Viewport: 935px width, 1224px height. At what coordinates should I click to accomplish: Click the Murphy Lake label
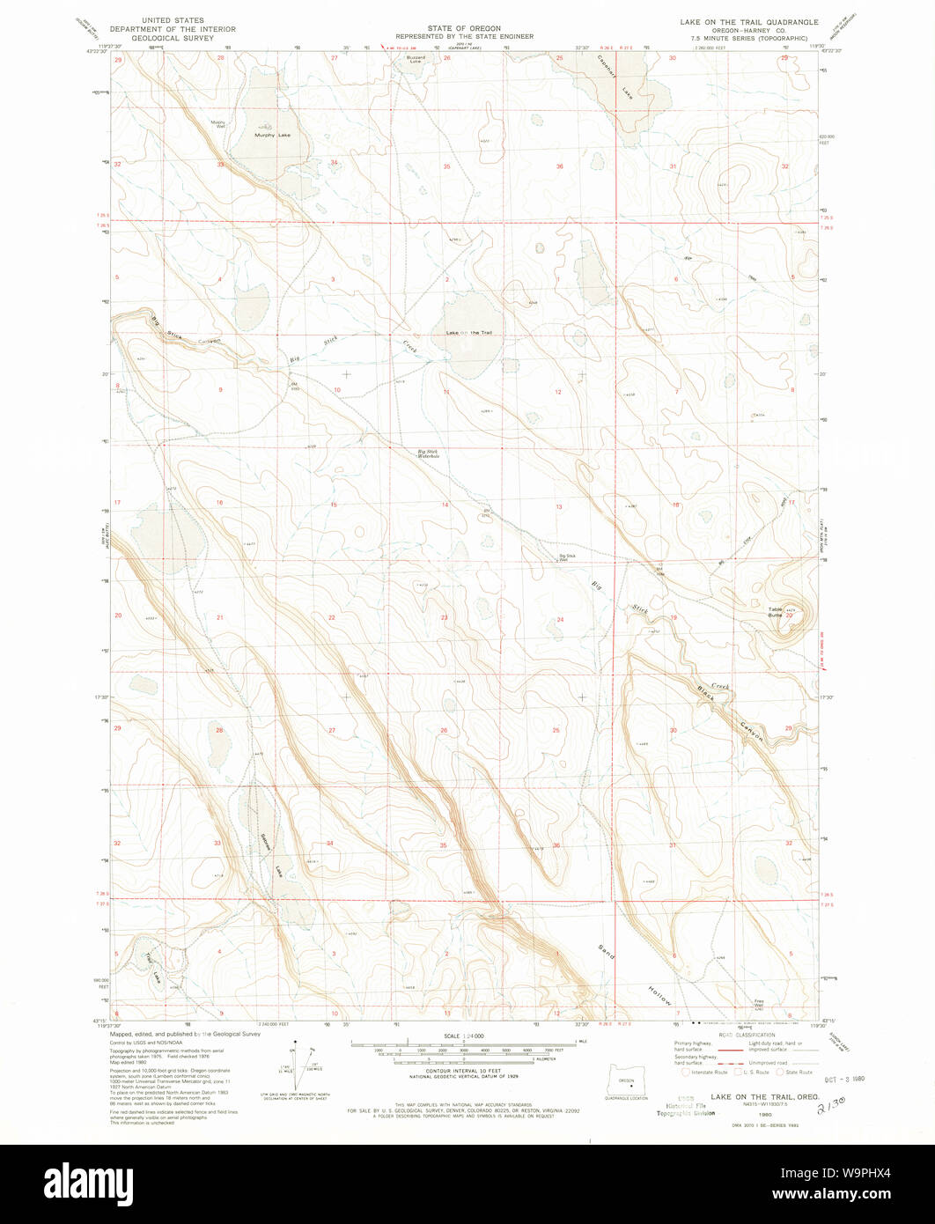click(x=271, y=135)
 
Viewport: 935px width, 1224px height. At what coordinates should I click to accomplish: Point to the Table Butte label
click(x=776, y=612)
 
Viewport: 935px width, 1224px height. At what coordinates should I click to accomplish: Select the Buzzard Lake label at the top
click(x=415, y=59)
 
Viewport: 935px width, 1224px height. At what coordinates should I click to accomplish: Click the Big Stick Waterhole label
click(x=428, y=454)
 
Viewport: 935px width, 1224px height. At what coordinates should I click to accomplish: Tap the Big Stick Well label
click(x=568, y=557)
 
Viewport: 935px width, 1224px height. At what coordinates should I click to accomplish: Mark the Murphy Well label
click(x=218, y=124)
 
